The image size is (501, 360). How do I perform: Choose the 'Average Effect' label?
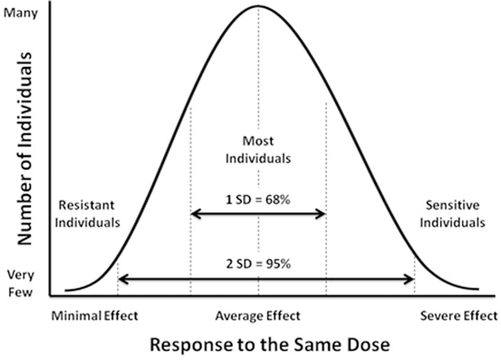tap(257, 316)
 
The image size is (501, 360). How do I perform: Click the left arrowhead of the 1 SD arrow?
tap(195, 215)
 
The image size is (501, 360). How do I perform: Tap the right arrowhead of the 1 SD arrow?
tap(322, 215)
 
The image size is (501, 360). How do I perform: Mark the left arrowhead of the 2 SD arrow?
tap(123, 278)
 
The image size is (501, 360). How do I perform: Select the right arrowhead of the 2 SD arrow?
tap(410, 278)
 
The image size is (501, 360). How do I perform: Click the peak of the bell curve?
tap(258, 6)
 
